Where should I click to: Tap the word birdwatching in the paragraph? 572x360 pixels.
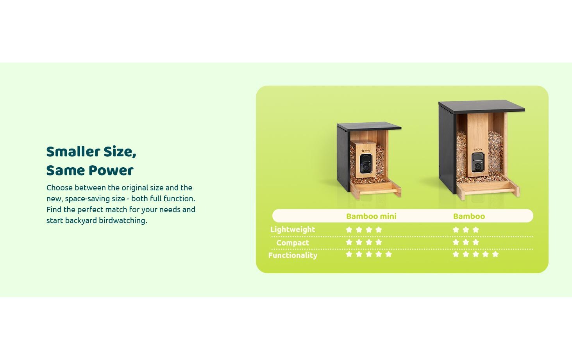pos(122,220)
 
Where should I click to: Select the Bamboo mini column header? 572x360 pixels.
pos(371,216)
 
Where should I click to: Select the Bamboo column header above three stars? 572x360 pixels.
pos(469,216)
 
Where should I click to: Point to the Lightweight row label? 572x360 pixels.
pos(293,229)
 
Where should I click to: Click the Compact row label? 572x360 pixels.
pos(293,243)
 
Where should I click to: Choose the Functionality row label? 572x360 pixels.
pos(293,255)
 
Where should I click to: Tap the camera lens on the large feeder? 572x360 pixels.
pos(477,167)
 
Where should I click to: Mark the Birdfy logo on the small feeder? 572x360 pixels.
pos(366,150)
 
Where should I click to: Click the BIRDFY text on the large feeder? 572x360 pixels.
pos(478,149)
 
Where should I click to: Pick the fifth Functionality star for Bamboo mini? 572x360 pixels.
pos(388,254)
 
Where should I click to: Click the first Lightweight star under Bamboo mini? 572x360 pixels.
pos(349,230)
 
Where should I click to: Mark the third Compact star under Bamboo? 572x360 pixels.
pos(475,242)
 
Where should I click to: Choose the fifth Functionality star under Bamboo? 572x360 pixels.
pos(495,254)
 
